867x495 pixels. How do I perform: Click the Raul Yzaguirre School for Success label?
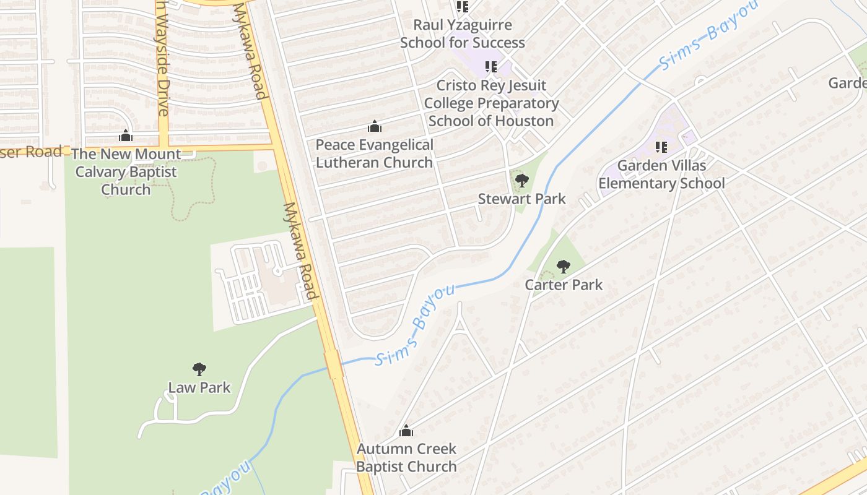tap(463, 34)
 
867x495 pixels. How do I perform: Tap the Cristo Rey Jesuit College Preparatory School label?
tap(491, 103)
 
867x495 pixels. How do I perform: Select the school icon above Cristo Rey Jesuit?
tap(491, 67)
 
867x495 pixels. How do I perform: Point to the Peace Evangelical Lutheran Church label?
tap(375, 153)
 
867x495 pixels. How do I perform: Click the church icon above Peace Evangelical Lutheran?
tap(375, 127)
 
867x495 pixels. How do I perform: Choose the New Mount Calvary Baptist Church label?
tap(126, 171)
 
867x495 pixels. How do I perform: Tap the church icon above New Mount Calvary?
tap(126, 136)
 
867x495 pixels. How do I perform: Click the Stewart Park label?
tap(521, 199)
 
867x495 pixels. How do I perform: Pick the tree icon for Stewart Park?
tap(521, 181)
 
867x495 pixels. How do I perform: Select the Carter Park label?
tap(564, 285)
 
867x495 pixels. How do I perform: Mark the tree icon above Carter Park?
tap(563, 267)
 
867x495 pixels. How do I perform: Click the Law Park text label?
tap(199, 388)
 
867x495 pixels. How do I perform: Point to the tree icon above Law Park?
tap(199, 369)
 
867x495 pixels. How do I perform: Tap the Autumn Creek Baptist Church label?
tap(406, 457)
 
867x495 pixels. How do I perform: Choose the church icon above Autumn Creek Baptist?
tap(406, 431)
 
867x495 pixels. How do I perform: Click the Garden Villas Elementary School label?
tap(661, 174)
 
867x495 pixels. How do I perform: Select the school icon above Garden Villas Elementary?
tap(661, 147)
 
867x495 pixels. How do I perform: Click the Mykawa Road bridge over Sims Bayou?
tap(333, 365)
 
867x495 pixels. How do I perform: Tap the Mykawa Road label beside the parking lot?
tap(300, 251)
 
